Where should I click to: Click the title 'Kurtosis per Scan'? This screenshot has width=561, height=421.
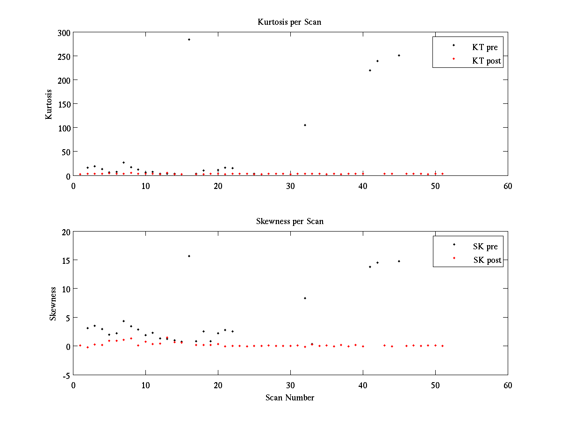coord(289,22)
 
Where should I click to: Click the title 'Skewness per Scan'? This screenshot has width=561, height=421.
coord(289,221)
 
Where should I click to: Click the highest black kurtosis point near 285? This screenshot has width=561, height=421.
coord(189,39)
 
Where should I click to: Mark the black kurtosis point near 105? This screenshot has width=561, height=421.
coord(305,125)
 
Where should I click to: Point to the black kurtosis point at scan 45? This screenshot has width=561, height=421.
coord(399,55)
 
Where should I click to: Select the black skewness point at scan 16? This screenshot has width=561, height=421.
coord(189,256)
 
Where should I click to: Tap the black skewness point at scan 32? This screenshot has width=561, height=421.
coord(305,298)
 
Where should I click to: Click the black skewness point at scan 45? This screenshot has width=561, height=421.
coord(399,261)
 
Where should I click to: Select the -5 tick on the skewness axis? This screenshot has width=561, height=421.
coord(66,375)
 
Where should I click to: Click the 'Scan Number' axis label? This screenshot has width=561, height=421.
coord(290,398)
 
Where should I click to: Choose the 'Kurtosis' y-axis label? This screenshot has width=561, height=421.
coord(49,104)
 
